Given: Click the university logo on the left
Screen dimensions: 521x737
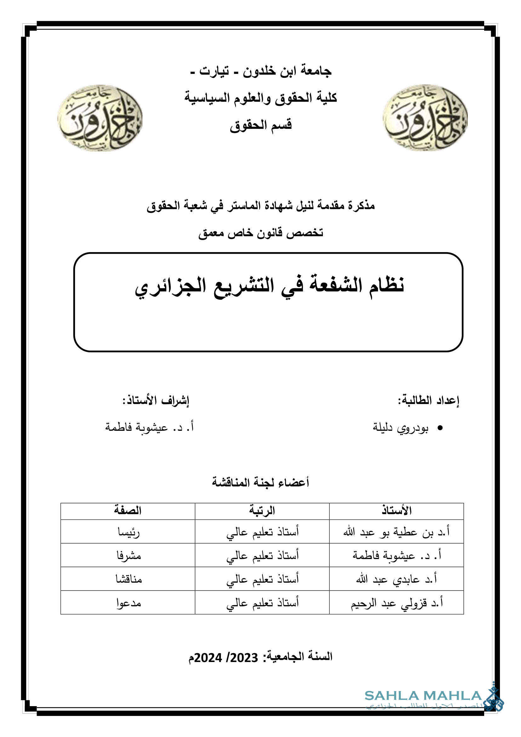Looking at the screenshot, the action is [100, 118].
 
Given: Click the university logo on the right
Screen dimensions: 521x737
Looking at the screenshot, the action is [425, 118].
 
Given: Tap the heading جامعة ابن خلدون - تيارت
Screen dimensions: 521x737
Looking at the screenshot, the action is [261, 71].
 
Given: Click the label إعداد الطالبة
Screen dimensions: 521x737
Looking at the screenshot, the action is [429, 400].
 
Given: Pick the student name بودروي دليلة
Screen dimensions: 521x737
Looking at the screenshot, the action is [400, 428].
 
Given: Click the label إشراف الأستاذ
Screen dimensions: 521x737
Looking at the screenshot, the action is [156, 400].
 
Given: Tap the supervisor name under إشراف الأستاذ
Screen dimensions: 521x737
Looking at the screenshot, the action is [150, 427].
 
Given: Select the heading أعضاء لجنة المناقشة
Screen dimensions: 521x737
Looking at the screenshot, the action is [260, 482].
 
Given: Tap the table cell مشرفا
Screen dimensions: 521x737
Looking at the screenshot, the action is [129, 555].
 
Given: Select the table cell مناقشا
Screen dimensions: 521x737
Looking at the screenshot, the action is [129, 579].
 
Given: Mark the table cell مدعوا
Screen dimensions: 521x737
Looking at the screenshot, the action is [129, 603].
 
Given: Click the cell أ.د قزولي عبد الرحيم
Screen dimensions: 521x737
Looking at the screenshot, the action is [397, 603].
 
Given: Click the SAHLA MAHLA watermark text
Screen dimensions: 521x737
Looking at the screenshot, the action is [423, 696].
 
